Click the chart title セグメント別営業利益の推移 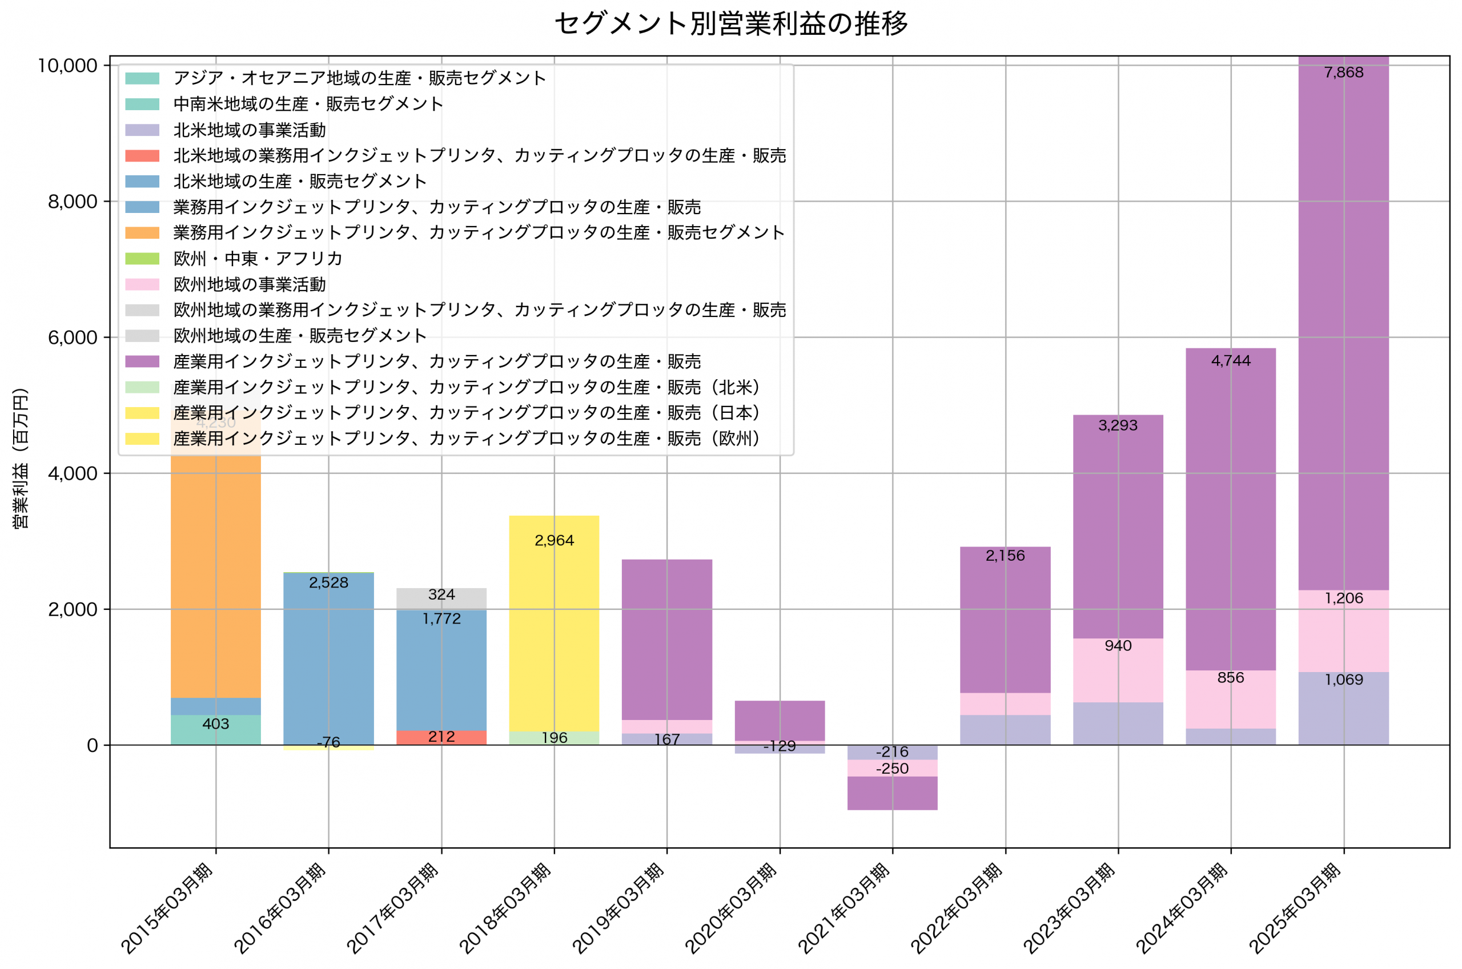tap(730, 23)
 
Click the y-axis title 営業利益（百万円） tap(21, 458)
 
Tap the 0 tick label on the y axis tap(92, 745)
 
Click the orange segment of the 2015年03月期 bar tap(216, 575)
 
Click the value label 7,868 tap(1343, 73)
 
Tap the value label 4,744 tap(1230, 361)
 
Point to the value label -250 tap(892, 768)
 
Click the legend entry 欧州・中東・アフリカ tap(257, 258)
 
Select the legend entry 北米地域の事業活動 tap(249, 130)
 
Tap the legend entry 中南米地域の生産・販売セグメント tap(308, 104)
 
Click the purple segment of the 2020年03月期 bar tap(779, 720)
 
